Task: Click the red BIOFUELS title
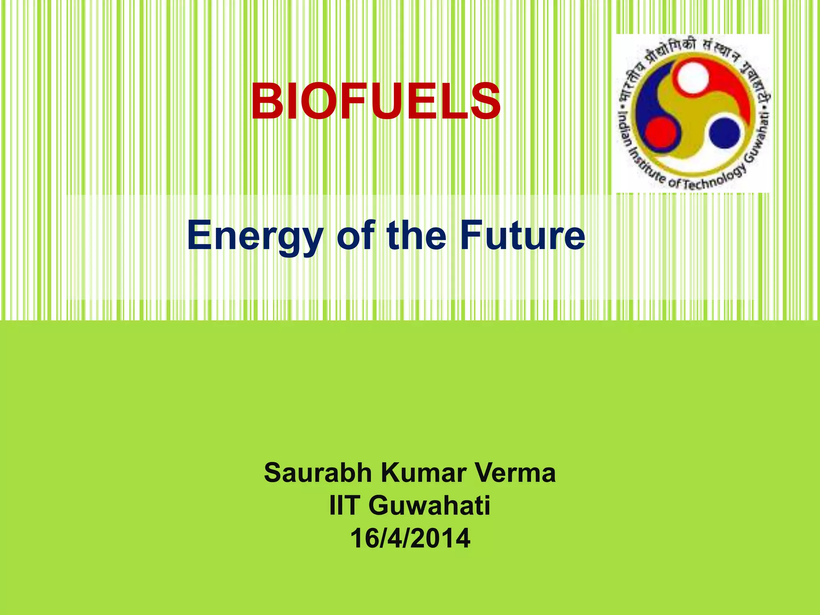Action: [376, 102]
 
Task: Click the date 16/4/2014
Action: [410, 539]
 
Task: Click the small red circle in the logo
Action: [661, 133]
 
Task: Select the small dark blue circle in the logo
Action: [724, 133]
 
